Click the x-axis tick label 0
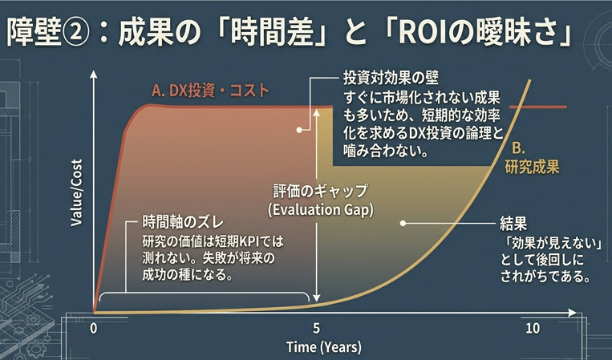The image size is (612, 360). tap(93, 329)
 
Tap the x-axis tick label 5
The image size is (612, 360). tap(316, 329)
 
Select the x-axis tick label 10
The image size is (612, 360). tap(533, 329)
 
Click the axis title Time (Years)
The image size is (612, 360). tap(324, 346)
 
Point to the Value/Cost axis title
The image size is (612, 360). tap(76, 192)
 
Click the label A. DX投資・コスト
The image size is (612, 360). tap(210, 91)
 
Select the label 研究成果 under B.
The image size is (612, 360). tap(532, 168)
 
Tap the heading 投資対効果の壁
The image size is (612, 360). tap(391, 78)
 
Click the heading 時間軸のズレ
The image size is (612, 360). tap(183, 223)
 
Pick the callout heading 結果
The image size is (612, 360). tap(513, 224)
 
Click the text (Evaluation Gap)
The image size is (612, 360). tap(321, 210)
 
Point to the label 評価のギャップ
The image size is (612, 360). tap(321, 192)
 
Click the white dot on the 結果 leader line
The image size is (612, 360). tap(403, 224)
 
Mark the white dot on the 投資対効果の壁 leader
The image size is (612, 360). tap(299, 130)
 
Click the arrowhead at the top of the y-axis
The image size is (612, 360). tap(94, 75)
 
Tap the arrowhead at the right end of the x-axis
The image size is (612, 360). tap(572, 313)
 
